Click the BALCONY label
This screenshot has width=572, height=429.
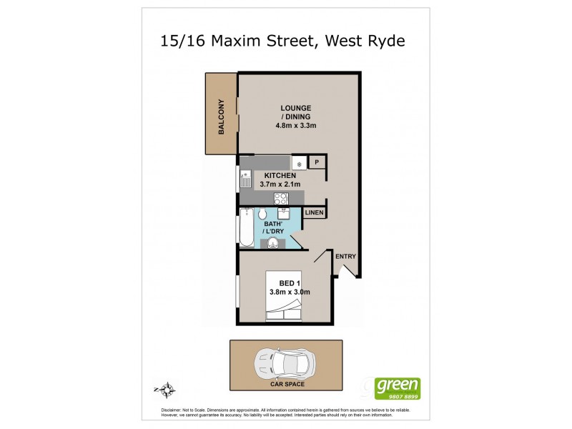click(x=222, y=117)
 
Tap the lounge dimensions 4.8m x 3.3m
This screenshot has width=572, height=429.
click(x=296, y=126)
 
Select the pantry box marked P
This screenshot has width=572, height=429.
click(x=317, y=163)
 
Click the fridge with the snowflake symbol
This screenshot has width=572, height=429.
click(x=299, y=163)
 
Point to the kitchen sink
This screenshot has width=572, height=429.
click(x=245, y=178)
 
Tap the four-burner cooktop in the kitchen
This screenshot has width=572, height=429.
click(x=281, y=198)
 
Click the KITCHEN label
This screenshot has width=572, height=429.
click(x=280, y=175)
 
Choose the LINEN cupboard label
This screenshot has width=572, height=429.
click(x=315, y=213)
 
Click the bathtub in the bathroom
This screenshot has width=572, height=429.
click(x=246, y=227)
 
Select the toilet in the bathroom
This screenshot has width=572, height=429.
click(x=262, y=214)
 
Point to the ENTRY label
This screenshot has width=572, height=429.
click(x=345, y=257)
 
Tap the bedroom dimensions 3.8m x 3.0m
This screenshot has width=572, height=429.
click(x=290, y=291)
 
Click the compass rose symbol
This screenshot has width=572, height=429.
click(x=167, y=390)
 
